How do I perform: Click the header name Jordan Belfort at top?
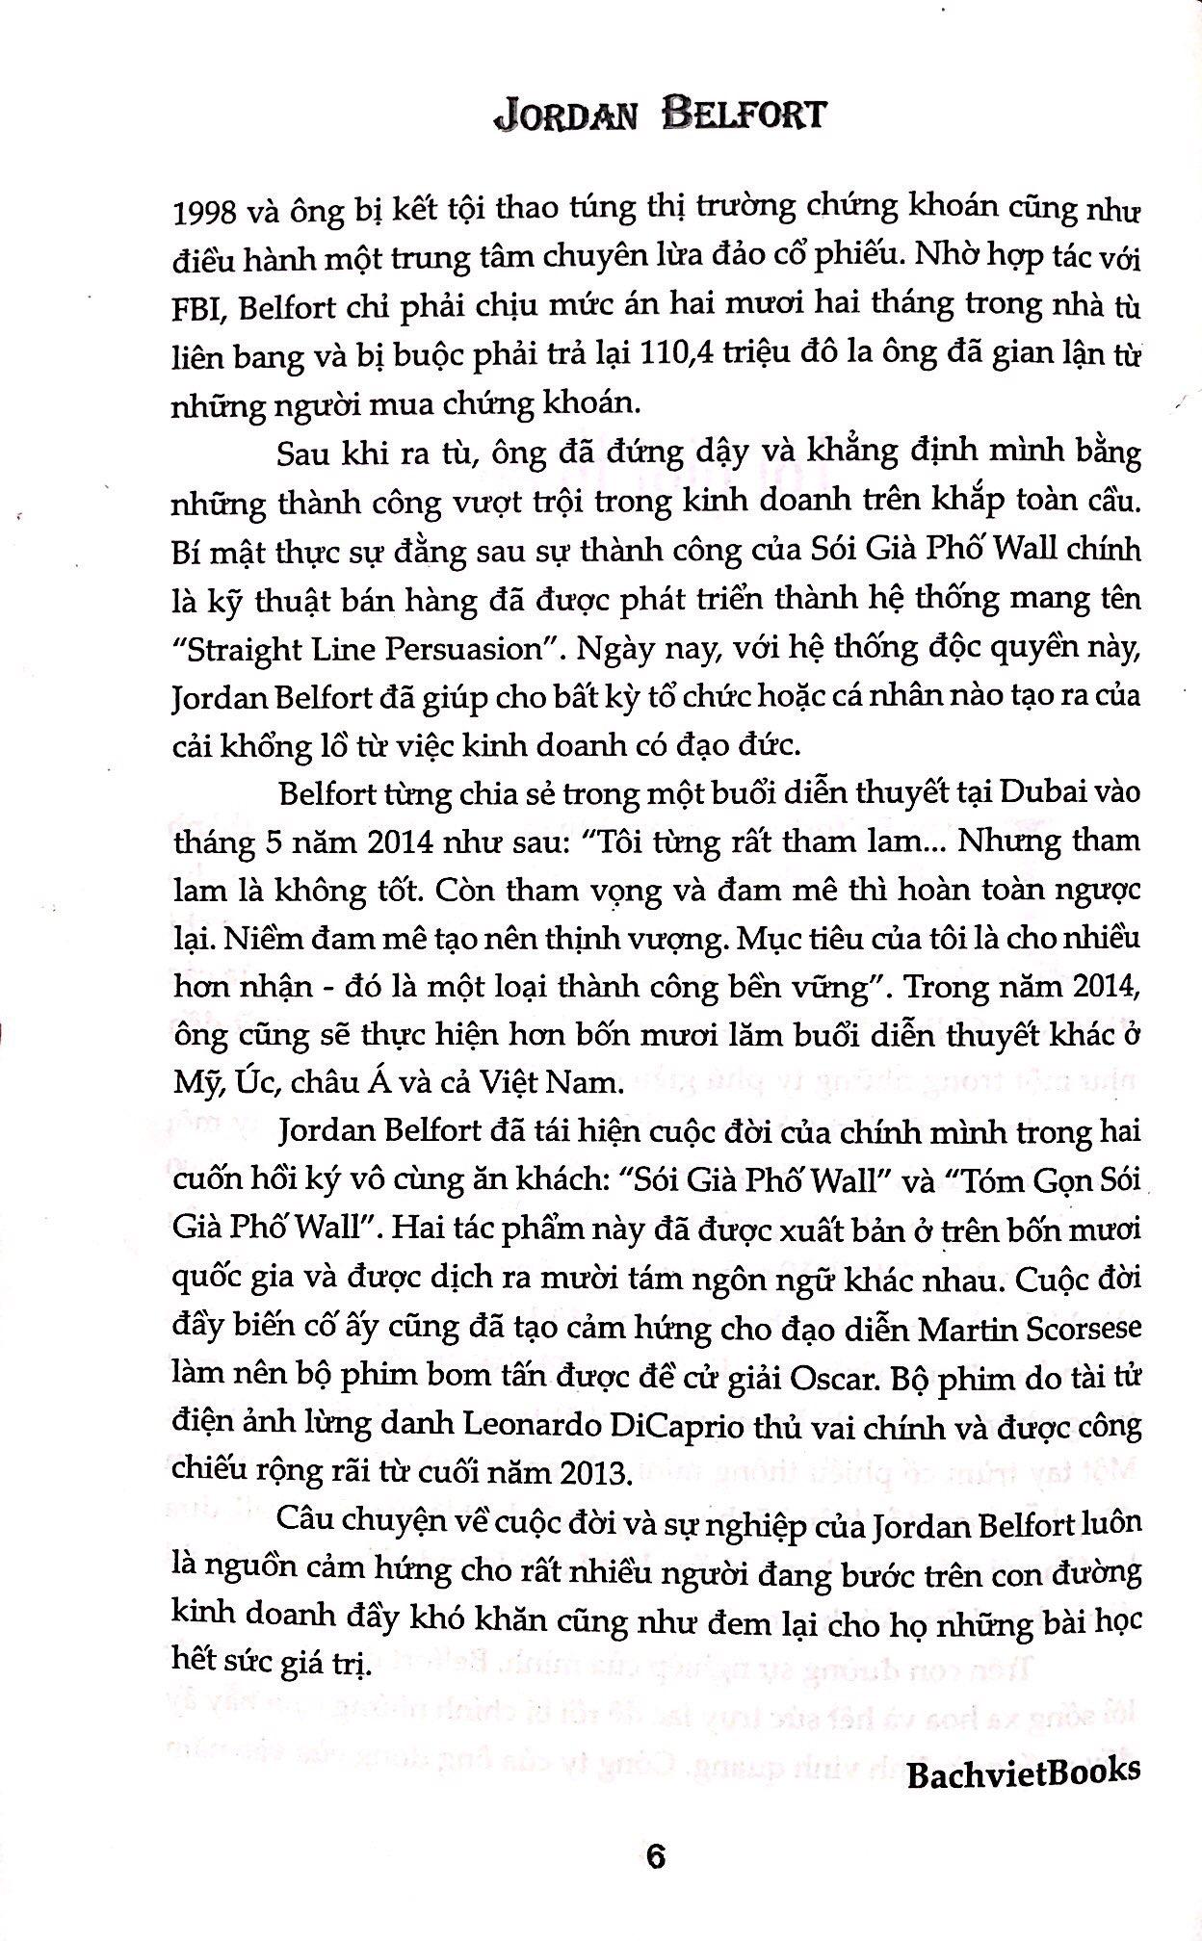pyautogui.click(x=658, y=114)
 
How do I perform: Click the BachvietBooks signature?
pyautogui.click(x=1023, y=1769)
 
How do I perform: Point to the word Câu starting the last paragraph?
pyautogui.click(x=304, y=1523)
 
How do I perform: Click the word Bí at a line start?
pyautogui.click(x=187, y=550)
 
